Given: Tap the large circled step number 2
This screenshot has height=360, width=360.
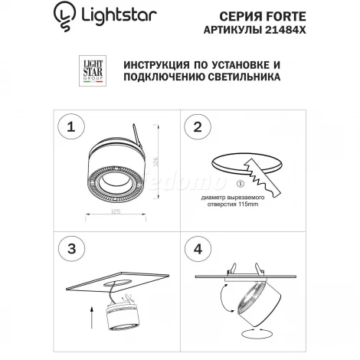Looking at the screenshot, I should (x=199, y=126).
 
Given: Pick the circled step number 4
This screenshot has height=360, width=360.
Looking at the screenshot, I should (x=199, y=250).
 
